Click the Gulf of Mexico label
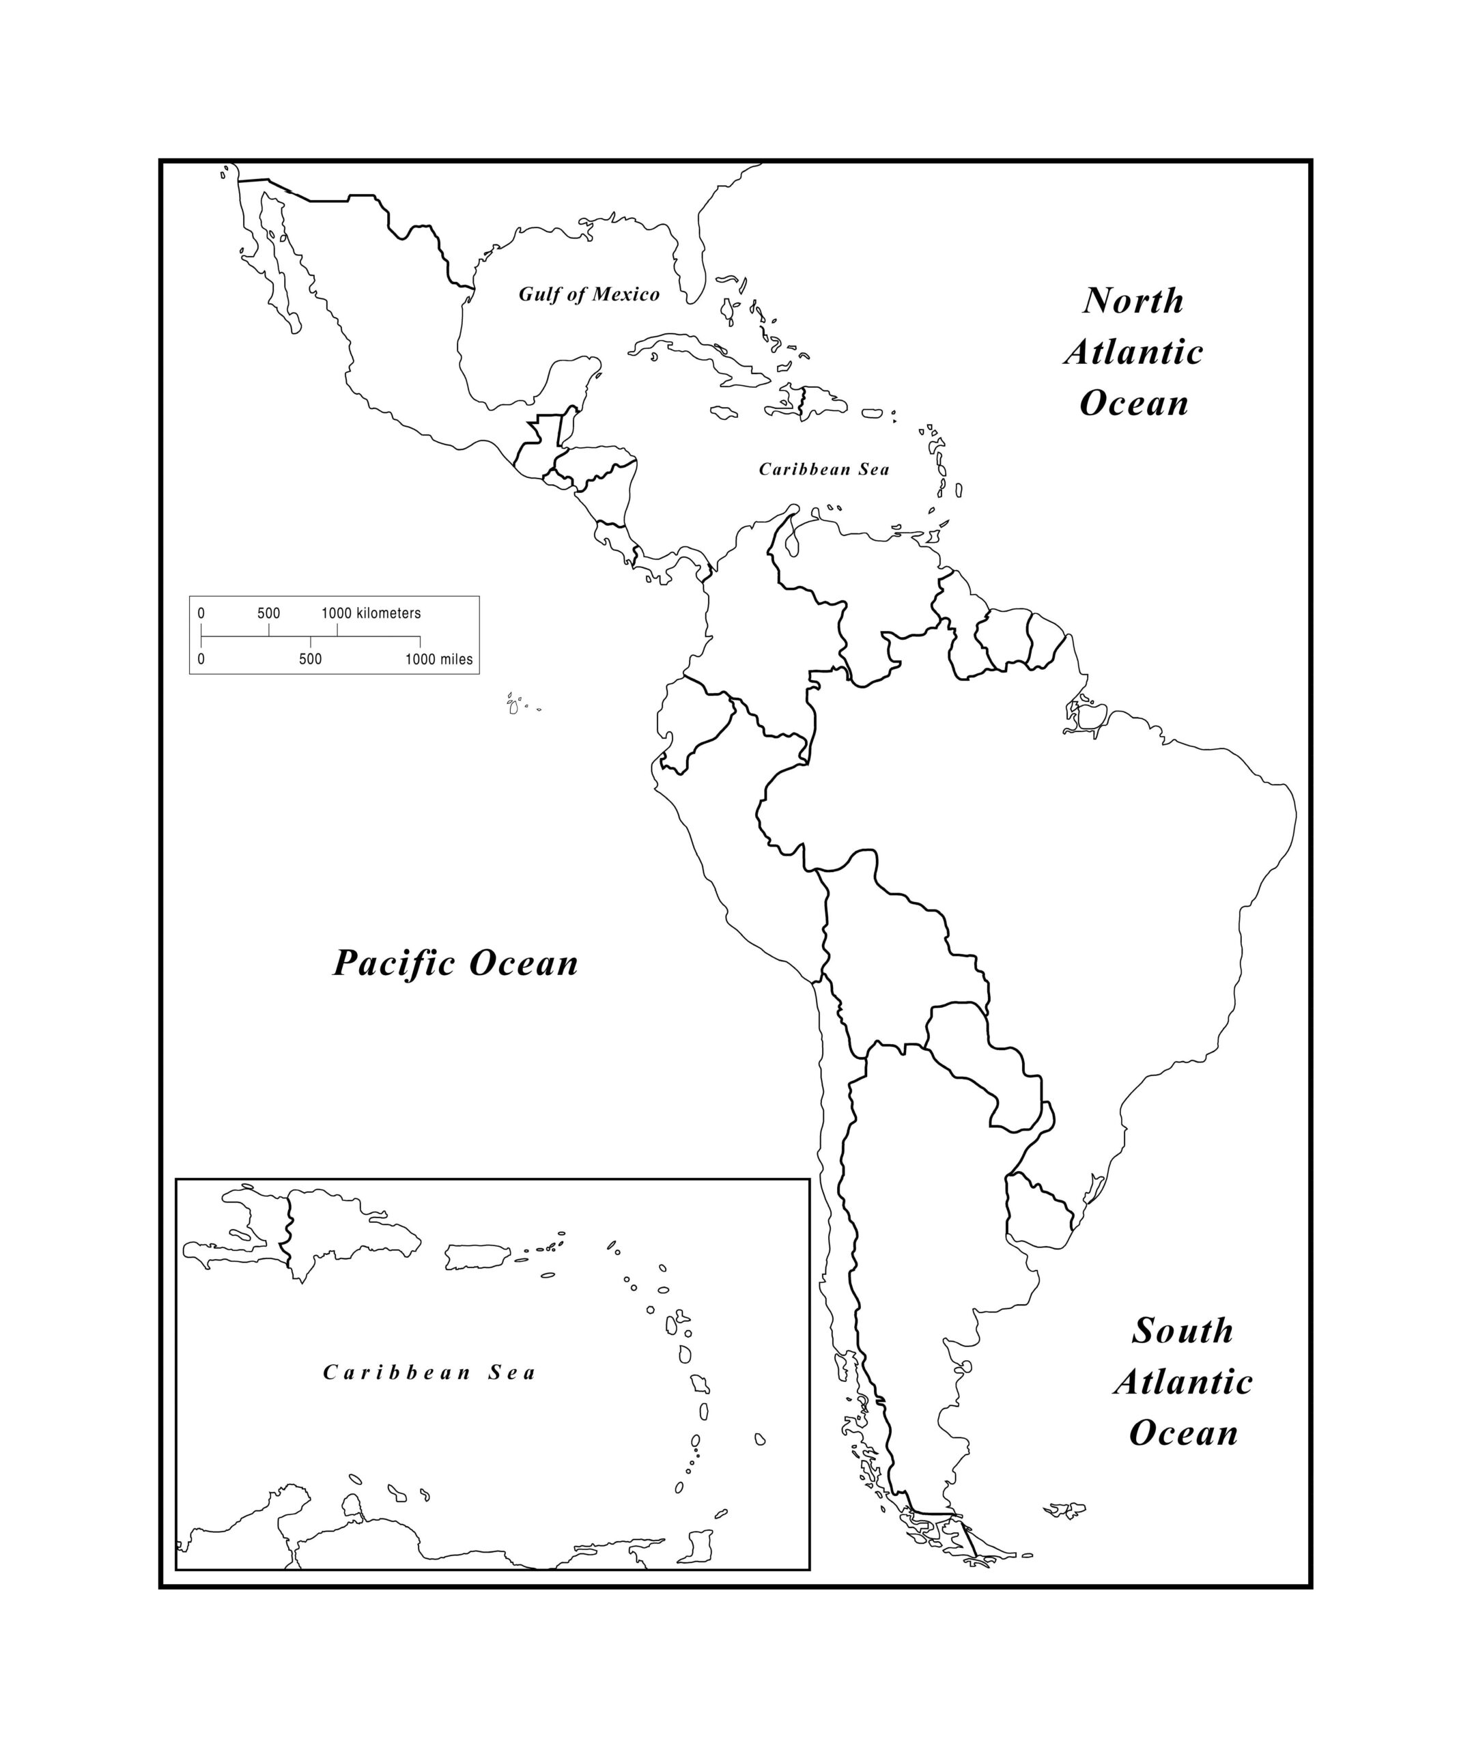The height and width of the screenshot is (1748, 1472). tap(589, 294)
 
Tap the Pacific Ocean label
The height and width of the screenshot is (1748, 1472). tap(455, 963)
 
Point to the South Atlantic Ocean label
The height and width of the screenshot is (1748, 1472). tap(1183, 1382)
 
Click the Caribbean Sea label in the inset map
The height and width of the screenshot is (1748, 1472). tap(429, 1372)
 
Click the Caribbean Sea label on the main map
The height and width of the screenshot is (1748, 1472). tap(823, 469)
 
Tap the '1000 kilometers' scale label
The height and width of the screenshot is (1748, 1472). tap(371, 613)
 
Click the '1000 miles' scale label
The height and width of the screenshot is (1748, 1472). tap(439, 659)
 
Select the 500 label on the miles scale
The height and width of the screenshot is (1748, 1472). tap(311, 659)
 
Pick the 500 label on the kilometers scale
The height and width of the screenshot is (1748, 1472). tap(269, 613)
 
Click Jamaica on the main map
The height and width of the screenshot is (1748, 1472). tap(722, 412)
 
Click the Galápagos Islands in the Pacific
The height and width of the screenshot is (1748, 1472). tap(515, 705)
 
